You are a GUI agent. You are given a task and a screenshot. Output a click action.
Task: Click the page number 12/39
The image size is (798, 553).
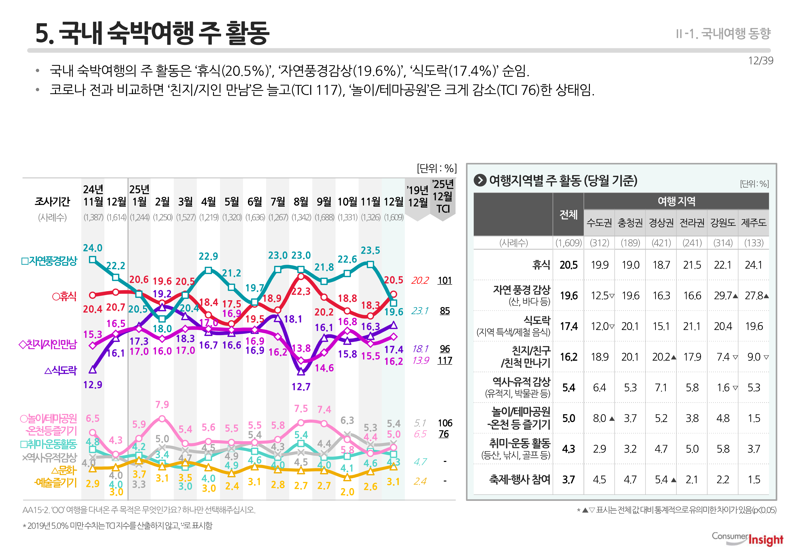(760, 61)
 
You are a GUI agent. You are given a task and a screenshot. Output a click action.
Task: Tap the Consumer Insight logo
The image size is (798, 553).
(747, 538)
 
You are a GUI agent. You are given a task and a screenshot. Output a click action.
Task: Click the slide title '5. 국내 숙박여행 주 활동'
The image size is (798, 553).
(152, 33)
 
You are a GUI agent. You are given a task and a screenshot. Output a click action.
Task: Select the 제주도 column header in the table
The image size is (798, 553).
(753, 222)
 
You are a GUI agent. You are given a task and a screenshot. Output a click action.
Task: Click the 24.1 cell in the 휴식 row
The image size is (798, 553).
(753, 265)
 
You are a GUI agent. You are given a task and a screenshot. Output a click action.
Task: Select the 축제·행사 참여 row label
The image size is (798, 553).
(519, 479)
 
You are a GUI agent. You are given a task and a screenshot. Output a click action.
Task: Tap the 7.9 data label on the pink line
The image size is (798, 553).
(162, 404)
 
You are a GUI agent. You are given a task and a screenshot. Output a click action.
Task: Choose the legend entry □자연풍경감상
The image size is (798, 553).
(49, 261)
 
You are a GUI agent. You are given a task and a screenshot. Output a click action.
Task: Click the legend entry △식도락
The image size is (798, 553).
(61, 370)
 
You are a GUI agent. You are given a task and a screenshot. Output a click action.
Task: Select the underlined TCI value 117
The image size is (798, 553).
(444, 361)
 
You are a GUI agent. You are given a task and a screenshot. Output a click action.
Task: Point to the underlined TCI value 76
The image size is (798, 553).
(444, 434)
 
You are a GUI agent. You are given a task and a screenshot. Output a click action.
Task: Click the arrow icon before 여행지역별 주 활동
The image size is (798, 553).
(480, 180)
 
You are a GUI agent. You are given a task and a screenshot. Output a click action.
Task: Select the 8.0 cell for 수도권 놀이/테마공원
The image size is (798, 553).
(600, 418)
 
